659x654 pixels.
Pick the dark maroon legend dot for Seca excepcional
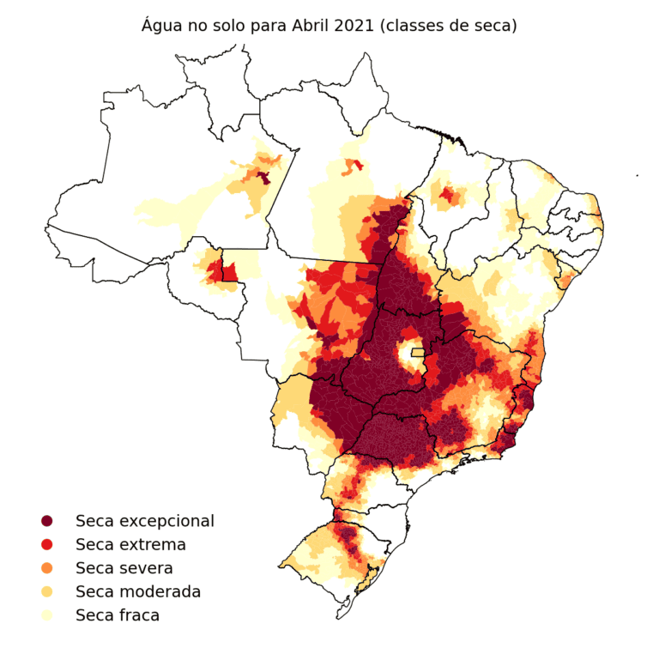(46, 521)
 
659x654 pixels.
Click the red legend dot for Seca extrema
(46, 545)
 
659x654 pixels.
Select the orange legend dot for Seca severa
(46, 568)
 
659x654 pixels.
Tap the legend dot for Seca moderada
(46, 592)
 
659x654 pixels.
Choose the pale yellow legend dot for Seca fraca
(46, 615)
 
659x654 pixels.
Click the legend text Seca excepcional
(145, 521)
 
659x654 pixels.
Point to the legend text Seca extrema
(130, 545)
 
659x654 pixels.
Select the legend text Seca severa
(124, 568)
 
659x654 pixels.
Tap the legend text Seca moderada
(138, 592)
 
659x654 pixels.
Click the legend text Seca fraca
(118, 615)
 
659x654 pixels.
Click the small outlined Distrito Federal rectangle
(417, 352)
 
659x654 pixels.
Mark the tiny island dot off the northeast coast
(637, 176)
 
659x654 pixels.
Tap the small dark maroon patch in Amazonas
(264, 178)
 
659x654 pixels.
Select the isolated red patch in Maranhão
(447, 197)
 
